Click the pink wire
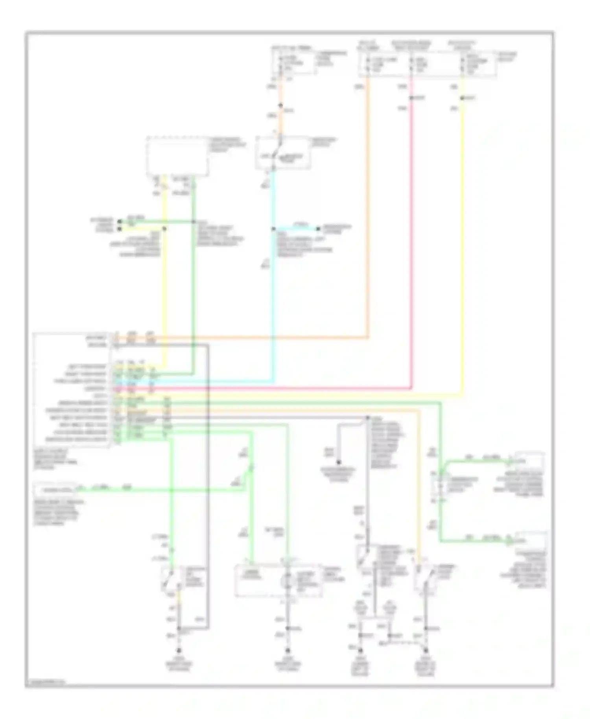(x=411, y=236)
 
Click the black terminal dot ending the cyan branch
(x=319, y=229)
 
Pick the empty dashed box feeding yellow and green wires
(x=177, y=156)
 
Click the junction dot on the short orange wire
(x=281, y=105)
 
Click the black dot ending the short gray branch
(x=338, y=463)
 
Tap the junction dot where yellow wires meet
(x=164, y=229)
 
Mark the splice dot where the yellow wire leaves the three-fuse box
(x=463, y=98)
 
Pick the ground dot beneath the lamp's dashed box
(x=288, y=651)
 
